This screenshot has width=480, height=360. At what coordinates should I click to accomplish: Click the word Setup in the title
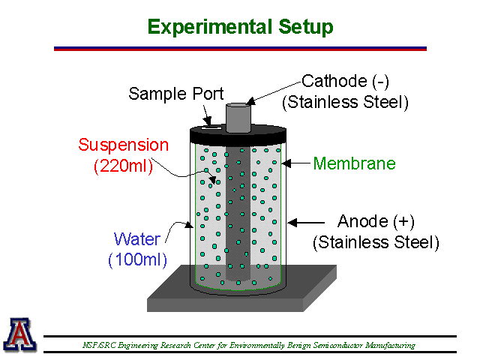click(306, 28)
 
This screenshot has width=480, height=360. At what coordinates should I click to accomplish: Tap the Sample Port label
click(176, 94)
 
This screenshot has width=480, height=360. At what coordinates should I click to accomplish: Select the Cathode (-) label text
click(345, 82)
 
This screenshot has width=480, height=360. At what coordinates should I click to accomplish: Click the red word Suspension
click(123, 145)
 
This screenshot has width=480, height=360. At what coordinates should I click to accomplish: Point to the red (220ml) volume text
click(123, 166)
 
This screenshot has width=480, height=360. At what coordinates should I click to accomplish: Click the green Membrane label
click(355, 163)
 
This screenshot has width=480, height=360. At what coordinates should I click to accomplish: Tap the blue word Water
click(137, 239)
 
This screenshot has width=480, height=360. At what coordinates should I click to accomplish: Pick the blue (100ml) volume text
click(138, 260)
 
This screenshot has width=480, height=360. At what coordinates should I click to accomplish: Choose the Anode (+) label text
click(376, 221)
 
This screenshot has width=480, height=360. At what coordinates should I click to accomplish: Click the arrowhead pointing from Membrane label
click(286, 163)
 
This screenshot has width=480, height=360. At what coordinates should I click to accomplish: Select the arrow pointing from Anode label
click(306, 223)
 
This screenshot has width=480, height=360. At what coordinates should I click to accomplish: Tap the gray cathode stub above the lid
click(238, 118)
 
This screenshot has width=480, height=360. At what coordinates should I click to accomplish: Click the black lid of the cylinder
click(238, 135)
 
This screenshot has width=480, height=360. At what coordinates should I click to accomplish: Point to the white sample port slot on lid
click(211, 127)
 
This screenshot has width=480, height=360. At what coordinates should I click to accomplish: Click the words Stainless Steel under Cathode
click(345, 102)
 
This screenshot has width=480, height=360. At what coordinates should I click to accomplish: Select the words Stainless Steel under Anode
click(376, 242)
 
